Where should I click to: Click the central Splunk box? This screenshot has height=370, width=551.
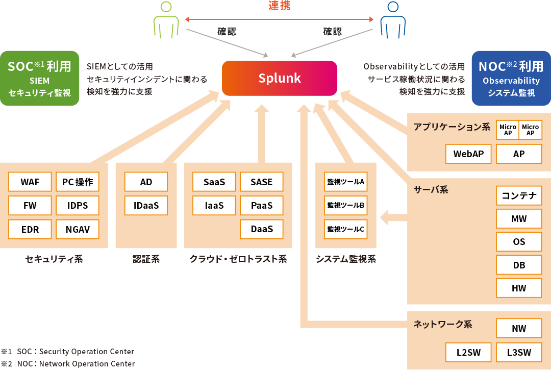pyautogui.click(x=280, y=78)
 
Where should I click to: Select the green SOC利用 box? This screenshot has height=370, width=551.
pyautogui.click(x=40, y=78)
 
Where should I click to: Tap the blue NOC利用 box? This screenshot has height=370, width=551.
pyautogui.click(x=511, y=78)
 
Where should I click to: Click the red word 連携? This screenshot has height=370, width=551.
pyautogui.click(x=280, y=6)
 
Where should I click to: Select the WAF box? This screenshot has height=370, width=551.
pyautogui.click(x=30, y=182)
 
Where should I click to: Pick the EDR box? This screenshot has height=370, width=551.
pyautogui.click(x=30, y=229)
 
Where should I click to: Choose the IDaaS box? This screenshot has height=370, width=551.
pyautogui.click(x=146, y=206)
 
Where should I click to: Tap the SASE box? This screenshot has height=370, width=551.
pyautogui.click(x=262, y=182)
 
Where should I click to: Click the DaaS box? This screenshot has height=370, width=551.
pyautogui.click(x=262, y=229)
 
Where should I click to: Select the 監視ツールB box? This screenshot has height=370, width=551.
pyautogui.click(x=345, y=206)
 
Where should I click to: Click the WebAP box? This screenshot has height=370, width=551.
pyautogui.click(x=468, y=154)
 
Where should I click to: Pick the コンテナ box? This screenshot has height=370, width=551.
pyautogui.click(x=519, y=195)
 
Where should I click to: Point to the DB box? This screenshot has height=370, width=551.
pyautogui.click(x=519, y=265)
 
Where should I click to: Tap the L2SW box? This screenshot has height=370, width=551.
pyautogui.click(x=468, y=352)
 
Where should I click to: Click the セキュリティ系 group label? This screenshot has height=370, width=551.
pyautogui.click(x=54, y=259)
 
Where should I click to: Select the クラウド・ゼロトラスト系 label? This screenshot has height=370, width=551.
pyautogui.click(x=238, y=259)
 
